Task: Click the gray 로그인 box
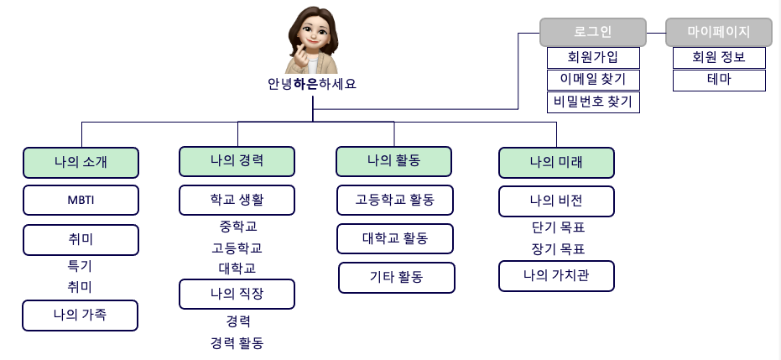click(592, 32)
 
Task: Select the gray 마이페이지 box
click(719, 32)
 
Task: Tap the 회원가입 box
click(593, 58)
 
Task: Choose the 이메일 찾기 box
click(593, 80)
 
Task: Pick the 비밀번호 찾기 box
click(593, 102)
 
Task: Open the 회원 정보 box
click(719, 58)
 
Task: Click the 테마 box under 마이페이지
click(719, 81)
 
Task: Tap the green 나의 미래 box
click(556, 162)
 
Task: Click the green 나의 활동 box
click(393, 160)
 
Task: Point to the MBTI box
click(81, 201)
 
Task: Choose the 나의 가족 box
click(81, 316)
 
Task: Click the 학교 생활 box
click(237, 201)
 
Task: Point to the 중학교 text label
click(237, 227)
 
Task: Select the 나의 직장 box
click(237, 294)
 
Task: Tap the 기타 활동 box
click(397, 277)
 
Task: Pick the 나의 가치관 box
click(556, 275)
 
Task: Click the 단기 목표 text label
click(557, 227)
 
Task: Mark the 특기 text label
click(80, 266)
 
